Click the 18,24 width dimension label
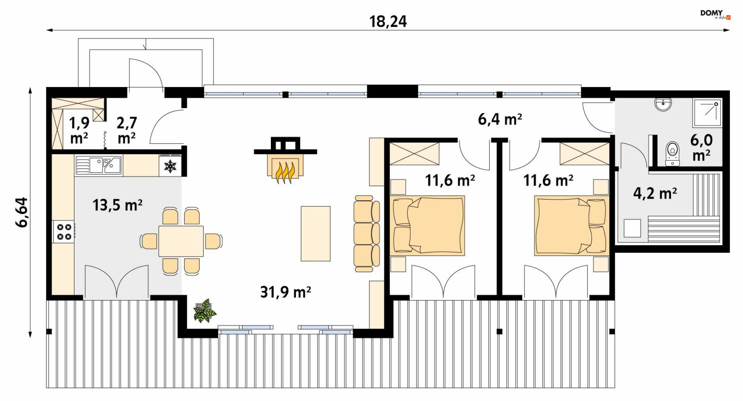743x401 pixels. (388, 21)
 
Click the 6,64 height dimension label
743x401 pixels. (22, 212)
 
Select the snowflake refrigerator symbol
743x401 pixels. (170, 166)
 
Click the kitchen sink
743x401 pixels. (98, 165)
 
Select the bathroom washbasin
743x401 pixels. (663, 104)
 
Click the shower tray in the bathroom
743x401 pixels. (707, 113)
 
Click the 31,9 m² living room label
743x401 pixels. (286, 292)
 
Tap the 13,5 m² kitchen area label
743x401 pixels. (117, 205)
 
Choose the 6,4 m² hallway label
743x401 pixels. (500, 119)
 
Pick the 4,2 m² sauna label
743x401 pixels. (655, 193)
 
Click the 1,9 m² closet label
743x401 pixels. (79, 130)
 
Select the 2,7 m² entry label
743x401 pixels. (127, 130)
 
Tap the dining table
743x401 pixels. (181, 241)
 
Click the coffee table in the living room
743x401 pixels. (316, 234)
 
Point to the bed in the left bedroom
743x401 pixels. (428, 225)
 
